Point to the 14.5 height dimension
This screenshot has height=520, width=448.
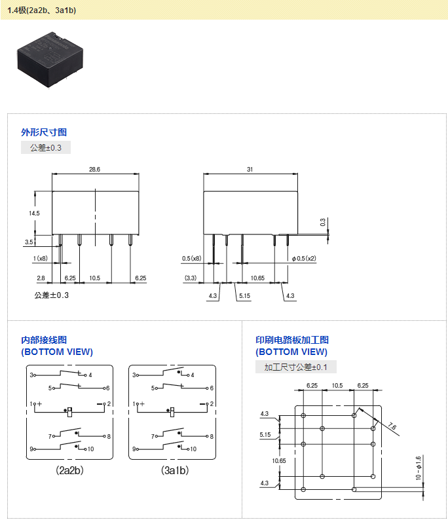(x=34, y=214)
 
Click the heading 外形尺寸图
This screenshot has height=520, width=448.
(x=44, y=132)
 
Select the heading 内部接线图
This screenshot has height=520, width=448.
(x=44, y=340)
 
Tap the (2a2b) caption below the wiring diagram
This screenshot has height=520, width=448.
(x=69, y=470)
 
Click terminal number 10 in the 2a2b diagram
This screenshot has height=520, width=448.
(x=90, y=449)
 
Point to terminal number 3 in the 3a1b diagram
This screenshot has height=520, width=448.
(x=135, y=375)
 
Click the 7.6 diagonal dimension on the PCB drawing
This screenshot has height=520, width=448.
(x=392, y=426)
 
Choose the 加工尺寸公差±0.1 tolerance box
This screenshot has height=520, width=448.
(x=295, y=367)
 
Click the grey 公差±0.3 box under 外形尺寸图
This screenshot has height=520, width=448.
(x=46, y=148)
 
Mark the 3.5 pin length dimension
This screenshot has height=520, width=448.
(x=29, y=242)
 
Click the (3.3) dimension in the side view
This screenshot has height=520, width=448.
(x=191, y=278)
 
